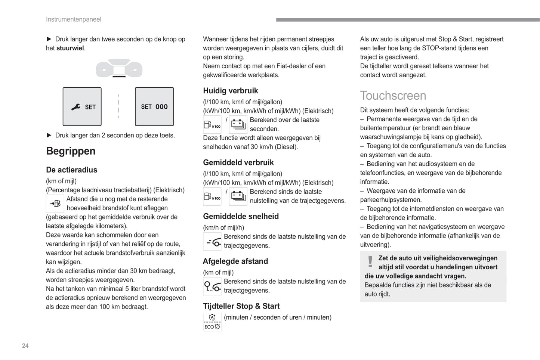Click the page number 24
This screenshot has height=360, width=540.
[25, 346]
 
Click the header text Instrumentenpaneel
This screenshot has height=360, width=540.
[73, 19]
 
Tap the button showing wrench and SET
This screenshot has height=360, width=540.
[82, 107]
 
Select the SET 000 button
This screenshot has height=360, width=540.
[154, 107]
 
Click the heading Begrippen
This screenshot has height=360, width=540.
[71, 151]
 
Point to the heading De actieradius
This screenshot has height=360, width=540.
[72, 170]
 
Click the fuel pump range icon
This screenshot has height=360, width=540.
[55, 204]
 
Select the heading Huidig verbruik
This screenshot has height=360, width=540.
[231, 91]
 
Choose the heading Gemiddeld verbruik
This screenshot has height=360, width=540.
[238, 162]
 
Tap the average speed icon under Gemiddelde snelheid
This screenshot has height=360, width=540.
[212, 242]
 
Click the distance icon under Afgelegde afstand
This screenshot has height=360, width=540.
[212, 286]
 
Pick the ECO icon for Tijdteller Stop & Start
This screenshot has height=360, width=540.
[212, 322]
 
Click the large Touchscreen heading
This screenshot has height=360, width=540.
[393, 96]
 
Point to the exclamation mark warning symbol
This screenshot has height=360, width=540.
[370, 261]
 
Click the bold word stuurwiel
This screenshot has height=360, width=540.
[70, 48]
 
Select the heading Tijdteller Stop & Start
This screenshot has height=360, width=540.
[241, 306]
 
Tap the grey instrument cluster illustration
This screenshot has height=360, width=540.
[119, 69]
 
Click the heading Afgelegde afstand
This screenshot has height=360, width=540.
[235, 261]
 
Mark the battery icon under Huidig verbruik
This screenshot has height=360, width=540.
[238, 124]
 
